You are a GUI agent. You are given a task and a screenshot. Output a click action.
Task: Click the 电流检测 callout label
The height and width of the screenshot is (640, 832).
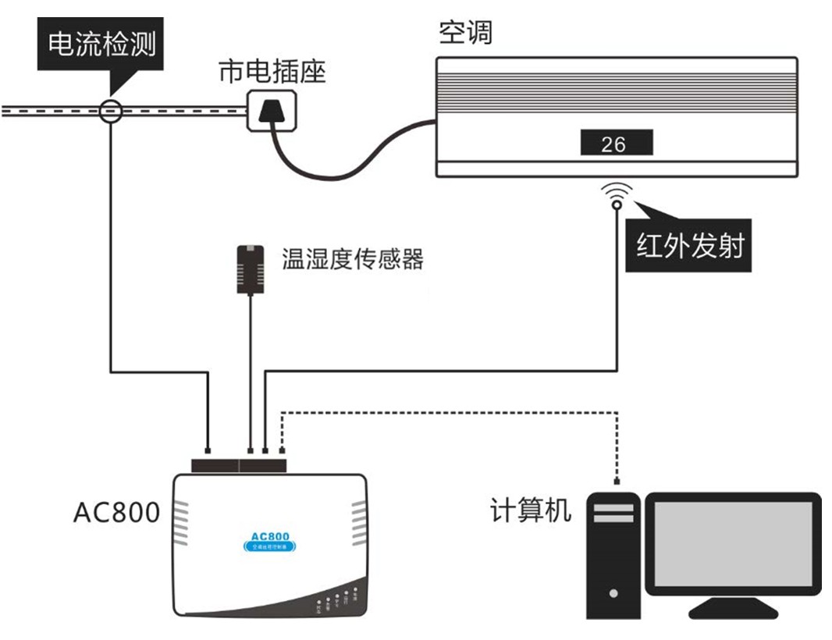point(101,44)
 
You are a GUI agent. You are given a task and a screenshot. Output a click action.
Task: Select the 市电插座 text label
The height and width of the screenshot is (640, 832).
point(271,72)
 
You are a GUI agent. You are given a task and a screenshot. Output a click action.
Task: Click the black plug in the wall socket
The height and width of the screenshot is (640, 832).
point(272,109)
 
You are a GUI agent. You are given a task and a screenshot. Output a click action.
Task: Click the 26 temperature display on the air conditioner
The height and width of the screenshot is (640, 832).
point(615,144)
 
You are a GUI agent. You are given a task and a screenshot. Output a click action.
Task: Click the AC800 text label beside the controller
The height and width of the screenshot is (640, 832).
point(116,513)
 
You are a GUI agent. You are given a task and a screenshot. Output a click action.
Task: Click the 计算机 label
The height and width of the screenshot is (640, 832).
point(530,510)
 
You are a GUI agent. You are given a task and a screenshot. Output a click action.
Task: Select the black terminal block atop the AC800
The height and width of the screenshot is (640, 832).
point(239,465)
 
